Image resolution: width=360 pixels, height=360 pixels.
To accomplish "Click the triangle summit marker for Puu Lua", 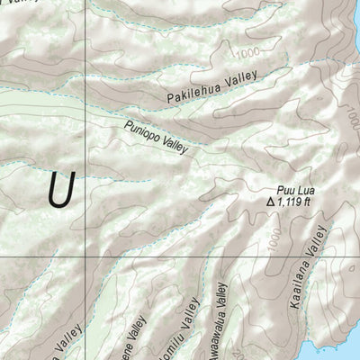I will tap(270, 202).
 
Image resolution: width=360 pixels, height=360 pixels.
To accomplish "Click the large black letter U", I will tap(60, 190).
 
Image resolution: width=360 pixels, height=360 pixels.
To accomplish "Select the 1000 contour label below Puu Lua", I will tap(275, 238).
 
